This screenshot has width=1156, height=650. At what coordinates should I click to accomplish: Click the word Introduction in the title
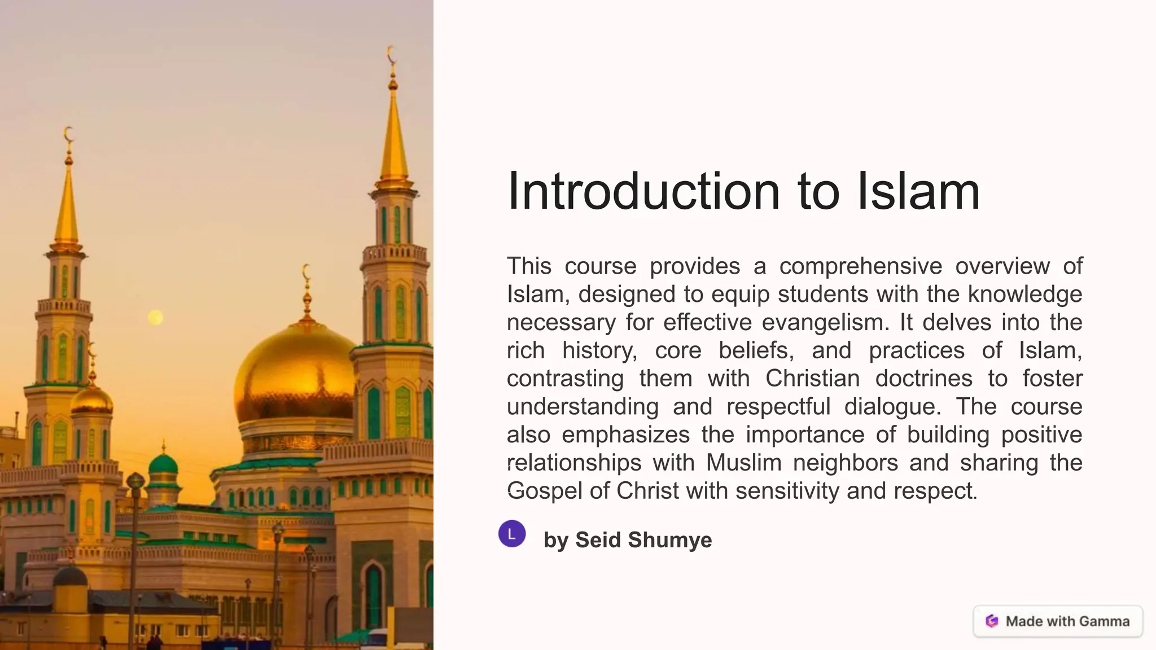coord(643,191)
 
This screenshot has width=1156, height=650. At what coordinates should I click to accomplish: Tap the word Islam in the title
coord(918,191)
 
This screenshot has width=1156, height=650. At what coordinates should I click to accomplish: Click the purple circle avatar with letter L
coord(512,534)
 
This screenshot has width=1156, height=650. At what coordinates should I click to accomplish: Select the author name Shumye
coord(670,540)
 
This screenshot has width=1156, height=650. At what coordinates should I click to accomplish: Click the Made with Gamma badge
coord(1058,621)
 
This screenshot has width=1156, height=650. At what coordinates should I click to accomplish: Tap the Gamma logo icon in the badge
coord(992,621)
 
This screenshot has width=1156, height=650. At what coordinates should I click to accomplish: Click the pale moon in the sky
coord(155,318)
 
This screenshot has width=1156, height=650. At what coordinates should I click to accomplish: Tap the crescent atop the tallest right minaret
coord(391,55)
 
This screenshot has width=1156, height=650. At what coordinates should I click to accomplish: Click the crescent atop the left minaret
coord(68,135)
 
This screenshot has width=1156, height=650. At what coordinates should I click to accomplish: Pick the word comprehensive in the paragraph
coord(861,266)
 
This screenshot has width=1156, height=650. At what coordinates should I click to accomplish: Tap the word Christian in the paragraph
coord(812,379)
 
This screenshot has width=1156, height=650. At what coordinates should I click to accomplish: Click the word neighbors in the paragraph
coord(845,463)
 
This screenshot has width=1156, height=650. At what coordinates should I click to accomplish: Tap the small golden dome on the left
coord(91,399)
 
